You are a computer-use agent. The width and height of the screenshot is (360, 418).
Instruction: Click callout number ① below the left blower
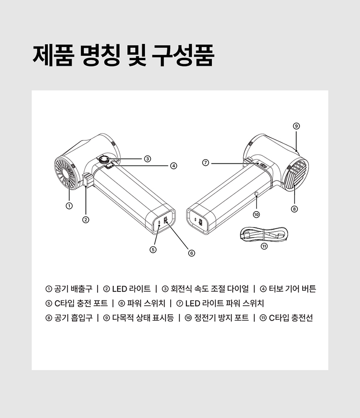69,206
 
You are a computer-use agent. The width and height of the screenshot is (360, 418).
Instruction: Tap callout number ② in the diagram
85,219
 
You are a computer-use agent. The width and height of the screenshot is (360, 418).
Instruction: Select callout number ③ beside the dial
147,159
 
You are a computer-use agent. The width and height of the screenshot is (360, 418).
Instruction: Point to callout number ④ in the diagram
173,166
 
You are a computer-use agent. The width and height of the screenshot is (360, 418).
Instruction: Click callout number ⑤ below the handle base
153,250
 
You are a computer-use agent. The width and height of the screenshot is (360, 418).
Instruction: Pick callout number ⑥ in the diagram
192,253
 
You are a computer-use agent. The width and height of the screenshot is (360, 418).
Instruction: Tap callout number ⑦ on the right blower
206,163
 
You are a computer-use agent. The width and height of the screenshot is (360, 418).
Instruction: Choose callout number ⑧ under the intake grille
294,209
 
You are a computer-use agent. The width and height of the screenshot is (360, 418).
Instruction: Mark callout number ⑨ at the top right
296,126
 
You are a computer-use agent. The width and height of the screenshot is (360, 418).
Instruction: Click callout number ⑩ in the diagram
256,214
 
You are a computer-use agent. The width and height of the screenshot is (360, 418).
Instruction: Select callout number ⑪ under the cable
264,246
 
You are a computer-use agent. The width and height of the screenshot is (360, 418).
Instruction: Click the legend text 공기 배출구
73,289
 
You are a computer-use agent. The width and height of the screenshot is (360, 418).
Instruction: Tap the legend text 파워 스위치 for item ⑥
146,303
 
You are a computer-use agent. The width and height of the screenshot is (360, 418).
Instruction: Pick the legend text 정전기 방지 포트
221,318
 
